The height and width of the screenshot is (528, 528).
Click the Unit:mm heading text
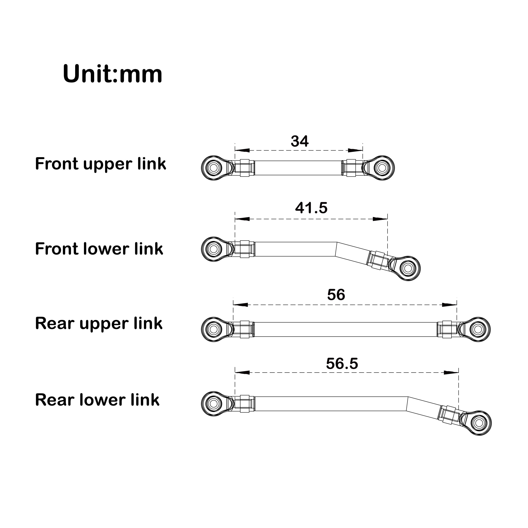(112, 74)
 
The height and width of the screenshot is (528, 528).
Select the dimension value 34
(300, 141)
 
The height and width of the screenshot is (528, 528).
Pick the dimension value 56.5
(342, 364)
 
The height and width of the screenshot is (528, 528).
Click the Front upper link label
(100, 164)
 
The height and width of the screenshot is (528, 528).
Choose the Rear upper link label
(99, 324)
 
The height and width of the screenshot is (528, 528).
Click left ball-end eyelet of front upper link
(213, 168)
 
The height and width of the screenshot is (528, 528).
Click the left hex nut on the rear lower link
(245, 403)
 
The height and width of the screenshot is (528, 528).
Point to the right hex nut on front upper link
(351, 168)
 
